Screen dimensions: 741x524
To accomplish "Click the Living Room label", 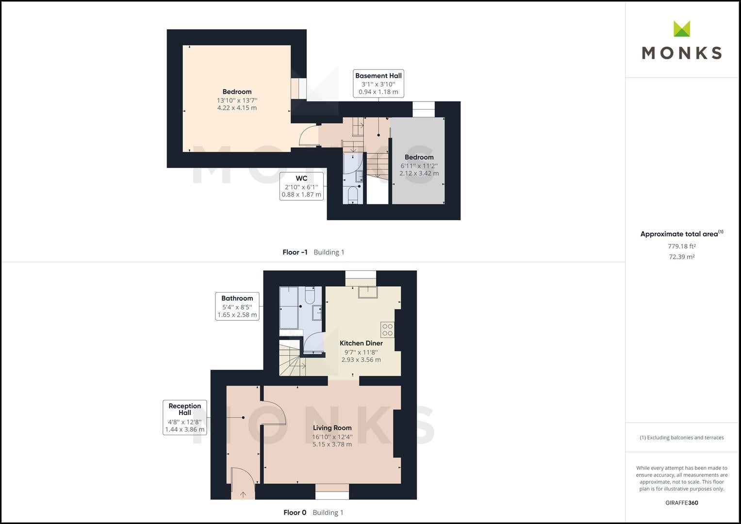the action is pyautogui.click(x=332, y=428).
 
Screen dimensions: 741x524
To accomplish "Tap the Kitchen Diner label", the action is pyautogui.click(x=361, y=343).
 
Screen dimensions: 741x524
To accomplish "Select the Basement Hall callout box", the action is pyautogui.click(x=379, y=83).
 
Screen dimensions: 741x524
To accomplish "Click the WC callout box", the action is pyautogui.click(x=301, y=186).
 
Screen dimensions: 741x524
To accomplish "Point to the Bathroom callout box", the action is pyautogui.click(x=237, y=306).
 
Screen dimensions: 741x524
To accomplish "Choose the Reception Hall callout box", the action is pyautogui.click(x=184, y=417).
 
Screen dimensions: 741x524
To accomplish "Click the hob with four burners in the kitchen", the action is pyautogui.click(x=387, y=329).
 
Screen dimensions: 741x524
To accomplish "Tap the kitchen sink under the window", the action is pyautogui.click(x=368, y=293).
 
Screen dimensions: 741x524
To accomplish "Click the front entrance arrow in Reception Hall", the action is pyautogui.click(x=243, y=494).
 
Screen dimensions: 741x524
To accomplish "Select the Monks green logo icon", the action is pyautogui.click(x=682, y=29).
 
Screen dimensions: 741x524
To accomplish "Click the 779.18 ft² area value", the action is pyautogui.click(x=681, y=246).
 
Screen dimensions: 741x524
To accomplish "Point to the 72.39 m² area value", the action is pyautogui.click(x=681, y=257).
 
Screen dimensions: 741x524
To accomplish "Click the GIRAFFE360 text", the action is pyautogui.click(x=681, y=503).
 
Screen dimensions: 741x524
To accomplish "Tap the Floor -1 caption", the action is pyautogui.click(x=295, y=252).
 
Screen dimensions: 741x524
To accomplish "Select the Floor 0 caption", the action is pyautogui.click(x=295, y=512).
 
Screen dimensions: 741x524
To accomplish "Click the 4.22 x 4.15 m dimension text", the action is pyautogui.click(x=237, y=108).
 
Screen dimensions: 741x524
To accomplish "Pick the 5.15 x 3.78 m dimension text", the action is pyautogui.click(x=332, y=444).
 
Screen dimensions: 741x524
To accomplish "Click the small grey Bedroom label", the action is pyautogui.click(x=419, y=157).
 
